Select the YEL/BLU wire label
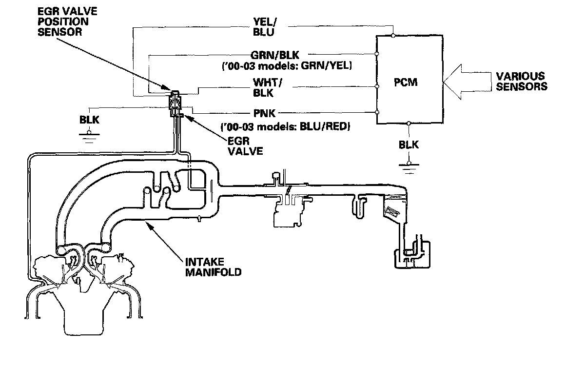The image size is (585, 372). [x=264, y=27]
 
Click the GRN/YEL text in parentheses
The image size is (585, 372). [x=331, y=65]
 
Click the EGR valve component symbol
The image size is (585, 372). [x=174, y=103]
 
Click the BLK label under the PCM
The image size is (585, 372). [x=409, y=145]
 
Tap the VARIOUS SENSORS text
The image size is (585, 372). [x=521, y=82]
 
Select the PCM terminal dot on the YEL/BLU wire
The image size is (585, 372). [x=393, y=35]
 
